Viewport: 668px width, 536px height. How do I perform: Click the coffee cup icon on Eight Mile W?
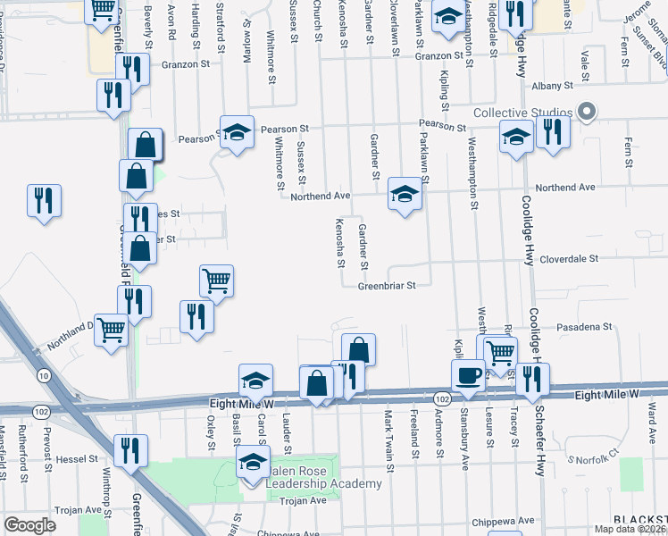468,376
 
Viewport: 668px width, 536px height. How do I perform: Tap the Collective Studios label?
522,113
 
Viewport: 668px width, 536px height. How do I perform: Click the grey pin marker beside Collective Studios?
586,112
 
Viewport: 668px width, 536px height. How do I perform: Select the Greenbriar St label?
388,287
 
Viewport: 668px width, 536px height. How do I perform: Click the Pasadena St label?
584,327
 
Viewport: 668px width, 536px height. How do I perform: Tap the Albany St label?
550,86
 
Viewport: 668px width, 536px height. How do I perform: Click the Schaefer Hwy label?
539,445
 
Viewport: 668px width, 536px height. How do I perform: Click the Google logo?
29,525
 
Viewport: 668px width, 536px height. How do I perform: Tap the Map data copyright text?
629,529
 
